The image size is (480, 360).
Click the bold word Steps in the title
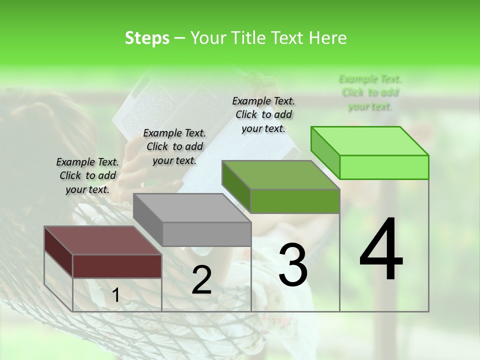coord(147,38)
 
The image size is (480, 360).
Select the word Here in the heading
coord(328,38)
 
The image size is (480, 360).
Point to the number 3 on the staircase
coord(292,265)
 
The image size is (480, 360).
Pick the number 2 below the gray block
coord(201,280)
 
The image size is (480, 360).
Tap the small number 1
coord(115,296)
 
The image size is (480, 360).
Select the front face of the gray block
coord(207,234)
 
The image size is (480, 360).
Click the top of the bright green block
coord(370,140)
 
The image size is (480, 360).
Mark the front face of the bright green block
coord(384,167)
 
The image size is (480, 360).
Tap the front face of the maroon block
coord(117,266)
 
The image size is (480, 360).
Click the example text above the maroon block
coord(87,175)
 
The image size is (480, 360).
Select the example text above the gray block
coord(174,146)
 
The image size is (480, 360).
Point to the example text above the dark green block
coord(263,114)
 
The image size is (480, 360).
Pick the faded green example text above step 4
coord(370,92)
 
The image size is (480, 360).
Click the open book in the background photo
coord(150,115)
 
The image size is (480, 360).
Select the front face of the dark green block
coord(295,201)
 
